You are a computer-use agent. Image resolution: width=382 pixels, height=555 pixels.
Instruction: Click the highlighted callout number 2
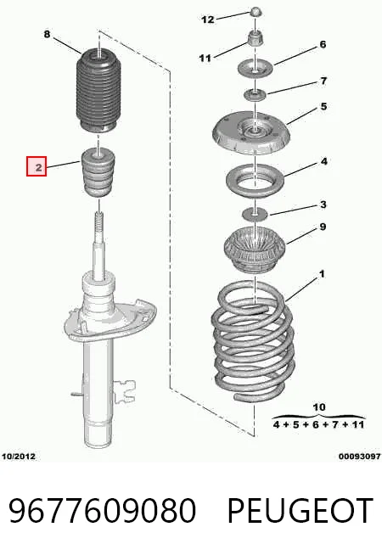pyautogui.click(x=37, y=166)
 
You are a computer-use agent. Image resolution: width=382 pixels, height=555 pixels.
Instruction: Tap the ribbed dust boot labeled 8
pyautogui.click(x=98, y=90)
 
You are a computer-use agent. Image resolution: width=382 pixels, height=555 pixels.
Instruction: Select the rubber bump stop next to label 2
pyautogui.click(x=98, y=173)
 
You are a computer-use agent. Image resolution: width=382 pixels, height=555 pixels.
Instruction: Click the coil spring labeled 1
pyautogui.click(x=253, y=340)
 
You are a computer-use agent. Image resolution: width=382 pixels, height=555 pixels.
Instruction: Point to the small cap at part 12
pyautogui.click(x=256, y=13)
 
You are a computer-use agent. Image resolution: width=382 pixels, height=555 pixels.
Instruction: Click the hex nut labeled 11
pyautogui.click(x=255, y=38)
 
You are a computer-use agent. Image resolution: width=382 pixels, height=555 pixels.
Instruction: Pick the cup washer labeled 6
pyautogui.click(x=255, y=68)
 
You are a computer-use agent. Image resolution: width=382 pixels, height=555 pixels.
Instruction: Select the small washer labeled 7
pyautogui.click(x=255, y=94)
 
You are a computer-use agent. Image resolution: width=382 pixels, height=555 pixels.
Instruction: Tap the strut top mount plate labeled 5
pyautogui.click(x=251, y=132)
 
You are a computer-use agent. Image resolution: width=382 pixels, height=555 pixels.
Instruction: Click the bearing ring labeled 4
pyautogui.click(x=255, y=181)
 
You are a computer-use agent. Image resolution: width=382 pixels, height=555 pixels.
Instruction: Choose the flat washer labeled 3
pyautogui.click(x=255, y=214)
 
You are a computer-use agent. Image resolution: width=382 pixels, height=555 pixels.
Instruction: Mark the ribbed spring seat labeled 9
pyautogui.click(x=254, y=250)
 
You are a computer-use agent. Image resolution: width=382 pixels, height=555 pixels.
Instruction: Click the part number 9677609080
pyautogui.click(x=102, y=510)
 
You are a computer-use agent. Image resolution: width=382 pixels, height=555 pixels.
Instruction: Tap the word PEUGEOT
pyautogui.click(x=301, y=510)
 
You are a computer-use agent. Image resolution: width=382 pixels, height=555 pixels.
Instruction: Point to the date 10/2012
pyautogui.click(x=19, y=457)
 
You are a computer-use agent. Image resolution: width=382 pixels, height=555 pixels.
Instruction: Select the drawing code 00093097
pyautogui.click(x=360, y=457)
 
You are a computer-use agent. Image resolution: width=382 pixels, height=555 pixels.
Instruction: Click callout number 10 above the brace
pyautogui.click(x=318, y=407)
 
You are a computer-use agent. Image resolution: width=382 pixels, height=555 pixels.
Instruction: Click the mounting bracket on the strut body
pyautogui.click(x=125, y=390)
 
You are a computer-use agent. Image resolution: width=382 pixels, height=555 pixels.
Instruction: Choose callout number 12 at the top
pyautogui.click(x=208, y=20)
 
